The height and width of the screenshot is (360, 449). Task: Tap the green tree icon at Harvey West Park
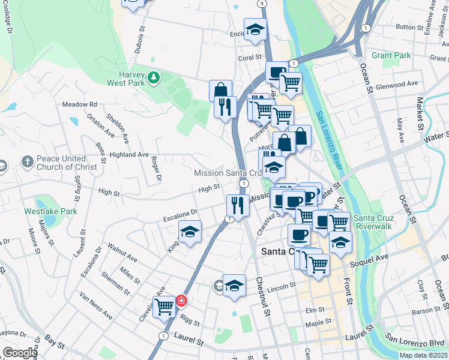click(154, 77)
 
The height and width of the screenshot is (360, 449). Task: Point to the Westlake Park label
click(50, 211)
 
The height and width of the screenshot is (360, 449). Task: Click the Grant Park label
click(391, 55)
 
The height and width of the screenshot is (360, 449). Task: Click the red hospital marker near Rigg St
click(181, 301)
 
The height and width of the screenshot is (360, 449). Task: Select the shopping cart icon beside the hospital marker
click(164, 307)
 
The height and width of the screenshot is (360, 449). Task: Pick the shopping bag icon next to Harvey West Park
click(220, 90)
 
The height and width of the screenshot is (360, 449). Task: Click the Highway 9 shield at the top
click(262, 4)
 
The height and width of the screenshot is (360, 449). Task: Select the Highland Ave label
click(128, 154)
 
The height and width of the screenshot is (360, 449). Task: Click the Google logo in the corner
click(20, 353)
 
